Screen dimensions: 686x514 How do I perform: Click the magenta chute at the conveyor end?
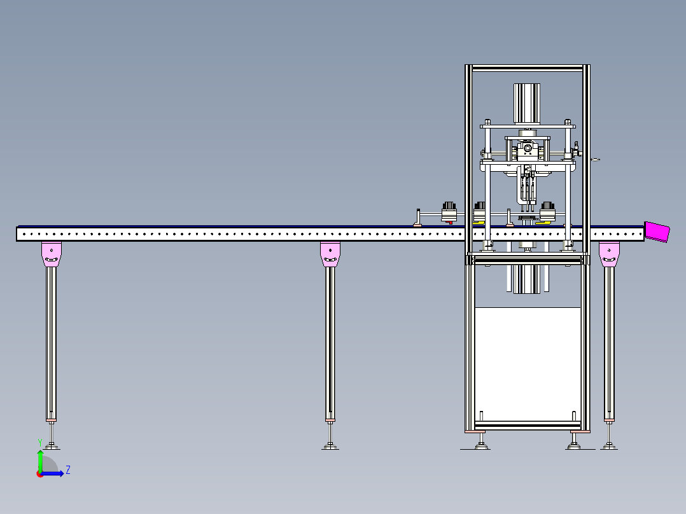[657, 232]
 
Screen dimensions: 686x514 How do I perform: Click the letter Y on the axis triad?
[40, 443]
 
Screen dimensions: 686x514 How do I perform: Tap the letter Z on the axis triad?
[68, 470]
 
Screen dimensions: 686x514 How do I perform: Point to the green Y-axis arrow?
[40, 461]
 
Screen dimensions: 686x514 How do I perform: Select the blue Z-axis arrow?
[52, 473]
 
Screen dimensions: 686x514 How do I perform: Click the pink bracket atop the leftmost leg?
[52, 254]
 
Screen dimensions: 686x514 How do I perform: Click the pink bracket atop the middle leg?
[330, 254]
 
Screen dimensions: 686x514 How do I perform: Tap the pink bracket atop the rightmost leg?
[609, 254]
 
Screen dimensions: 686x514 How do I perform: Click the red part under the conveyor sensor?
[449, 223]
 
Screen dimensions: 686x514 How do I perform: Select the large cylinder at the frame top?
[527, 104]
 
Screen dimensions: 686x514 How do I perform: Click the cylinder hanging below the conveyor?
[527, 279]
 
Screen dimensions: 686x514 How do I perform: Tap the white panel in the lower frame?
[528, 364]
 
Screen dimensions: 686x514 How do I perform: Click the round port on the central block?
[528, 148]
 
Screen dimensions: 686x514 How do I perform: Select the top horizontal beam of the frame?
[528, 68]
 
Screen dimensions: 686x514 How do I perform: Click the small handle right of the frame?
[595, 160]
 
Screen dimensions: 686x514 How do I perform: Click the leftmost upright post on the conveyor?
[418, 218]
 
